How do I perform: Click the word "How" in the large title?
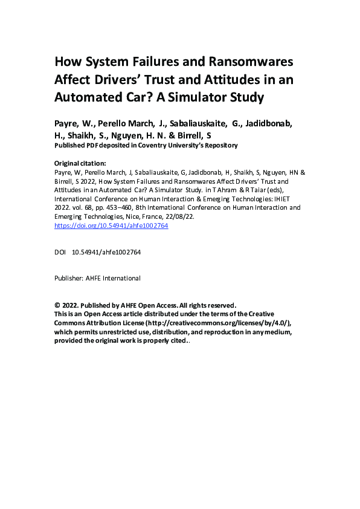point(68,62)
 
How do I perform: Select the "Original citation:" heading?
point(80,164)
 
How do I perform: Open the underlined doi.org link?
point(111,225)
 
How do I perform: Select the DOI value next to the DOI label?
point(106,251)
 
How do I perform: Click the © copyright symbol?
point(57,305)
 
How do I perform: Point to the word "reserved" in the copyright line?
point(220,305)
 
